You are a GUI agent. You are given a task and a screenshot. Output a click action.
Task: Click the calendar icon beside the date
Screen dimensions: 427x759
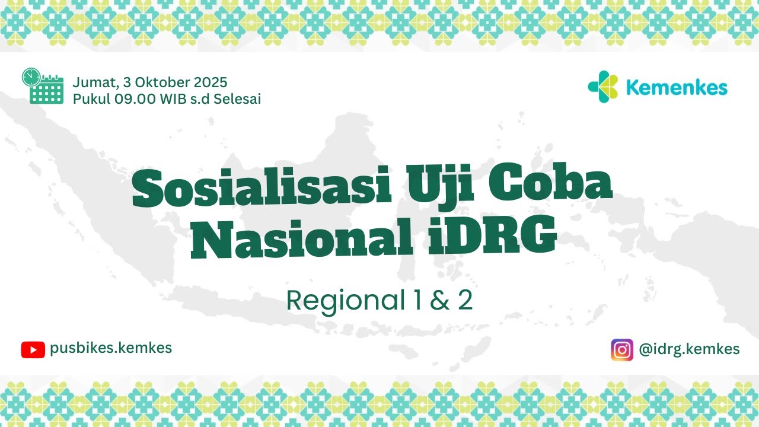pos(43,87)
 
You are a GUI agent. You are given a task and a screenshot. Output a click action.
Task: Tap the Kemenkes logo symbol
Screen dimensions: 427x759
pos(603,87)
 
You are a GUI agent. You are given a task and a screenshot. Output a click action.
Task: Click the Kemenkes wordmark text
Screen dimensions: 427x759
pos(676,88)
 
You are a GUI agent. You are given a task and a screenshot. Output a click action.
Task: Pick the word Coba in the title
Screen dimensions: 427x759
pos(551,186)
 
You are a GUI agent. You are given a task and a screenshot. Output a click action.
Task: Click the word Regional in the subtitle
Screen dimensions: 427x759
pos(336,301)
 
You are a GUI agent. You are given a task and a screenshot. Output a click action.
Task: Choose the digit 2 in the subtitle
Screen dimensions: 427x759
pos(464,301)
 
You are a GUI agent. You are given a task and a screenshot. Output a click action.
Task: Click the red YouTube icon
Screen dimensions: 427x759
pos(33,350)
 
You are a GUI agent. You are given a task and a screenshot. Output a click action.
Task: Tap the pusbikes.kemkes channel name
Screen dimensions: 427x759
pos(111,348)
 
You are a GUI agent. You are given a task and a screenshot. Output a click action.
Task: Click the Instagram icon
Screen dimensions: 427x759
pos(621,349)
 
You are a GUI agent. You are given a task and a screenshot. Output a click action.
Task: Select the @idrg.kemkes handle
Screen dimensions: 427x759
pos(689,349)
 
